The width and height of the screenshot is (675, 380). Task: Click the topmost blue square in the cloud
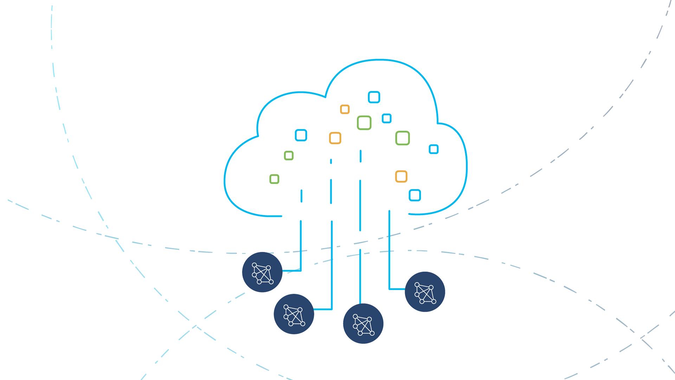pyautogui.click(x=374, y=97)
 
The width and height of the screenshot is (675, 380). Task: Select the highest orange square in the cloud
pyautogui.click(x=345, y=109)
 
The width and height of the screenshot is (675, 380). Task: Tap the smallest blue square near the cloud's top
pyautogui.click(x=386, y=118)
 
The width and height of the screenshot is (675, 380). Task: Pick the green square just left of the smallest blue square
pyautogui.click(x=364, y=123)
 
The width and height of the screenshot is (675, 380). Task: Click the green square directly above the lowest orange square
pyautogui.click(x=403, y=138)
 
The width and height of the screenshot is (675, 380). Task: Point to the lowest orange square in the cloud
pyautogui.click(x=401, y=176)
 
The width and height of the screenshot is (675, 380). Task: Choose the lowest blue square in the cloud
pyautogui.click(x=414, y=195)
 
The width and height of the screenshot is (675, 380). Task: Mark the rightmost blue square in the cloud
pyautogui.click(x=433, y=149)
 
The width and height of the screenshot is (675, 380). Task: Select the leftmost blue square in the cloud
pyautogui.click(x=301, y=135)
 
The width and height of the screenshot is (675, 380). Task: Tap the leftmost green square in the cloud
pyautogui.click(x=274, y=179)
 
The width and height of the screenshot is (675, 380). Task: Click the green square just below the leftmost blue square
pyautogui.click(x=289, y=156)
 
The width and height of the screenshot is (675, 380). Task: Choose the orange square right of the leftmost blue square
pyautogui.click(x=335, y=138)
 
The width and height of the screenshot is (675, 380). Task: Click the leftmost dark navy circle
pyautogui.click(x=262, y=272)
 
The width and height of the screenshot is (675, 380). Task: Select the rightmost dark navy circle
pyautogui.click(x=425, y=292)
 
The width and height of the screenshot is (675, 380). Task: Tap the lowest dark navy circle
pyautogui.click(x=363, y=323)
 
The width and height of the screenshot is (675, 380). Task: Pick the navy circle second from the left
pyautogui.click(x=294, y=314)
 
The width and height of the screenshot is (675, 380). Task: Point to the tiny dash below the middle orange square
pyautogui.click(x=331, y=161)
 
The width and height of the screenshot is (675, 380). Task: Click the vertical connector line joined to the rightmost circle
pyautogui.click(x=389, y=250)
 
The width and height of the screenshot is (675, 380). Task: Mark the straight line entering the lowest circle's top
pyautogui.click(x=360, y=276)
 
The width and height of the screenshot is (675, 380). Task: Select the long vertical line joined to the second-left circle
pyautogui.click(x=332, y=264)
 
